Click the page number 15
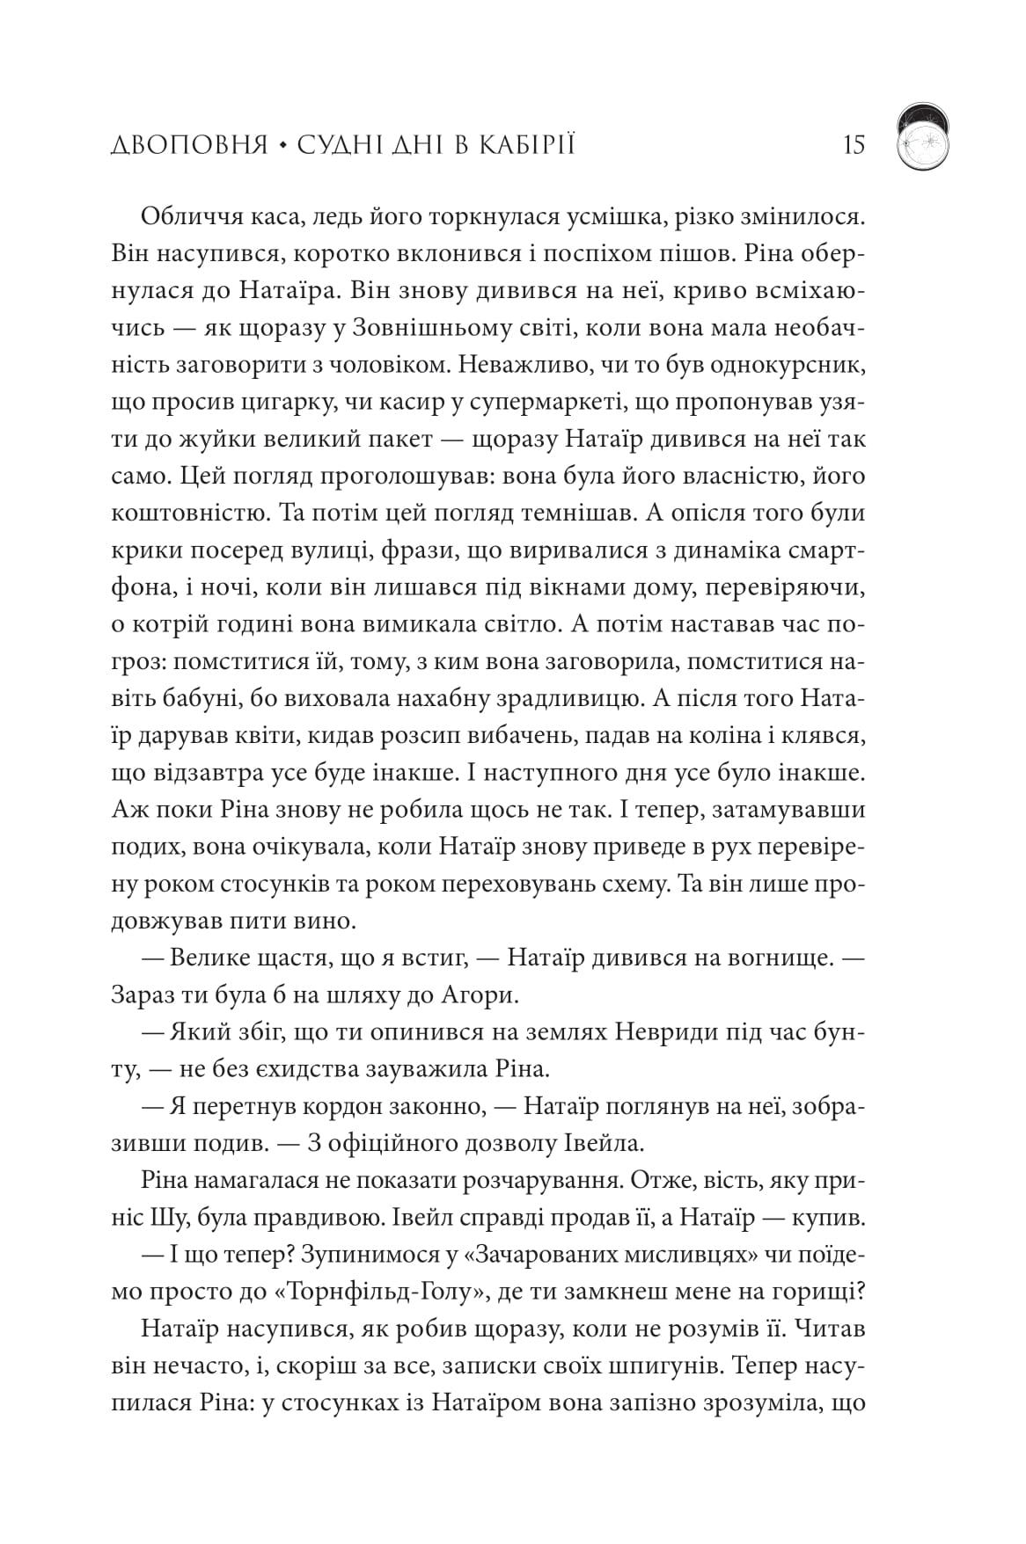[x=854, y=143]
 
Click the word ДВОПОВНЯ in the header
[x=189, y=144]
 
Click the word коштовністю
[x=187, y=513]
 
